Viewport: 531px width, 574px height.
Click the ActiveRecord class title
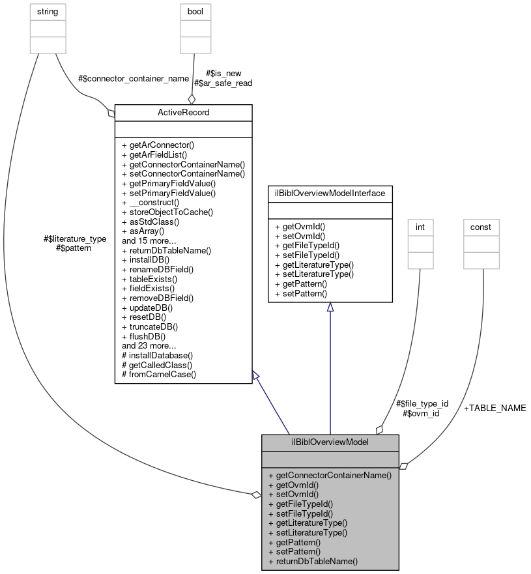(x=183, y=113)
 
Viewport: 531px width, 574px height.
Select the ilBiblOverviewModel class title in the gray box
(x=330, y=442)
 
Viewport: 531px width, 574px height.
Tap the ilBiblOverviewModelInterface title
(x=330, y=193)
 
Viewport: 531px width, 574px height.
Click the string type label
(x=48, y=12)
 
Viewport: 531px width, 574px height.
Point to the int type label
(x=420, y=227)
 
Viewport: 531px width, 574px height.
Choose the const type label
(x=481, y=227)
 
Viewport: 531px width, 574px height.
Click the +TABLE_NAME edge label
(x=495, y=409)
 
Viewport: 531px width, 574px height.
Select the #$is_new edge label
(x=223, y=74)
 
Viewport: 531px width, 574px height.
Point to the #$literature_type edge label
(x=74, y=239)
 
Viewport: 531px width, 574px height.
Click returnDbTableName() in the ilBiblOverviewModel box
(x=313, y=560)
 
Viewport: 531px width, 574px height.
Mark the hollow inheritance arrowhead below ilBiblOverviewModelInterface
(x=330, y=308)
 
